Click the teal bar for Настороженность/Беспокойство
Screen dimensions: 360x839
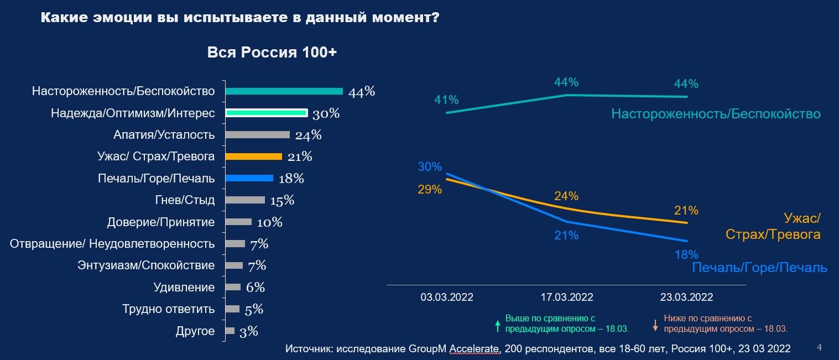pos(284,91)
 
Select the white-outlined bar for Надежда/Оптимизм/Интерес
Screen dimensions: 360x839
pos(266,113)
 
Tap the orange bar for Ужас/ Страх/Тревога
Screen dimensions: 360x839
pos(254,156)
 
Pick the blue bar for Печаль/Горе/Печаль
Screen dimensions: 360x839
pos(249,178)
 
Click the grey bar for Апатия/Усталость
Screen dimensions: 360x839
pos(258,134)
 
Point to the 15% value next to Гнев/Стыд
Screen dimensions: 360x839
pos(282,200)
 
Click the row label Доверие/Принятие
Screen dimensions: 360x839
pos(161,222)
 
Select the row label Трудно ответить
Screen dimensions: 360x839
pos(168,309)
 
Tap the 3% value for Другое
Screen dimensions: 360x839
pos(249,331)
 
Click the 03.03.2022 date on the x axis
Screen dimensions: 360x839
pos(447,298)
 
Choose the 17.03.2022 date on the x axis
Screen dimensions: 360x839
pos(567,298)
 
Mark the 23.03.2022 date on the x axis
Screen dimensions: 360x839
pos(686,298)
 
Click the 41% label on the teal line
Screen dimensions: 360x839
pos(446,100)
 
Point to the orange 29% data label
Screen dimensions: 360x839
pos(430,190)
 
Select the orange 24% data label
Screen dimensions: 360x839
pos(566,196)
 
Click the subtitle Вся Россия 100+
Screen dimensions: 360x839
pos(272,53)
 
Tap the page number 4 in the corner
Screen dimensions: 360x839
pos(819,347)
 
